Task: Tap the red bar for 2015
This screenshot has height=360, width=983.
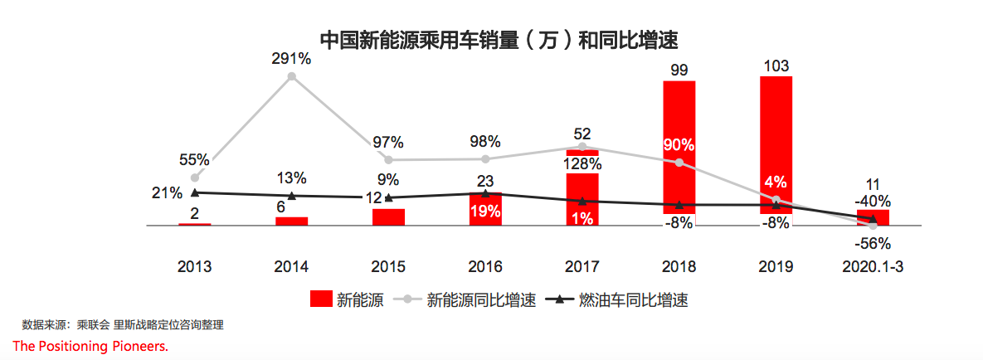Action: pyautogui.click(x=388, y=216)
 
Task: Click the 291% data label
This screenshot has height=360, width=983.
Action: pyautogui.click(x=291, y=59)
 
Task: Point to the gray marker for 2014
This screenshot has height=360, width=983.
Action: pyautogui.click(x=291, y=76)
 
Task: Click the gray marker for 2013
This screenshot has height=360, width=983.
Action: pyautogui.click(x=195, y=177)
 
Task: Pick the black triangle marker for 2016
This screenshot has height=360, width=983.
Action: pyautogui.click(x=485, y=193)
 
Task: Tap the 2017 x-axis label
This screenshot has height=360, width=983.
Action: pyautogui.click(x=582, y=267)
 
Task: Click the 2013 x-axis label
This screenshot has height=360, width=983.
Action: pyautogui.click(x=194, y=267)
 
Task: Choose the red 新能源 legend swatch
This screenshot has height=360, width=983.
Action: pyautogui.click(x=319, y=299)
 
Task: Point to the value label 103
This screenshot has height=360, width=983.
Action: pyautogui.click(x=776, y=66)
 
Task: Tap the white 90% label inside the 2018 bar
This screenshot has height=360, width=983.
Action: pyautogui.click(x=679, y=144)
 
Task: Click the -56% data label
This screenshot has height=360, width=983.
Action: pyautogui.click(x=873, y=244)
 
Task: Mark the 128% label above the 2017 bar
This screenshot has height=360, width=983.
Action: pyautogui.click(x=582, y=163)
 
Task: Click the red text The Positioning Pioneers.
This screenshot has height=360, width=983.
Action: pyautogui.click(x=90, y=346)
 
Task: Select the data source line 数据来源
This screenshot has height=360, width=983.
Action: pyautogui.click(x=123, y=325)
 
